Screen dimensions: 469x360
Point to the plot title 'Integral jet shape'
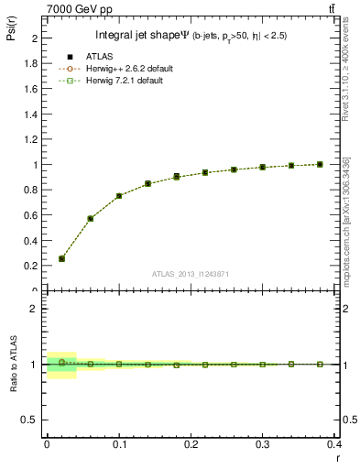(137, 36)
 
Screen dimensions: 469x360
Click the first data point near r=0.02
(61, 258)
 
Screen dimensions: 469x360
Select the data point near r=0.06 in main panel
(90, 218)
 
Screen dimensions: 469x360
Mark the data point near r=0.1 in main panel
(119, 195)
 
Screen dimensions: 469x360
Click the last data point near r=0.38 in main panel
(320, 164)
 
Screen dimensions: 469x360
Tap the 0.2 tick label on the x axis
(191, 443)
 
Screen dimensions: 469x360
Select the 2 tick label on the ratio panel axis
(37, 309)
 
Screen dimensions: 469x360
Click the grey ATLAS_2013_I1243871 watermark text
(191, 275)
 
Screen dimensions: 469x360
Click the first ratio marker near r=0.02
(61, 362)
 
